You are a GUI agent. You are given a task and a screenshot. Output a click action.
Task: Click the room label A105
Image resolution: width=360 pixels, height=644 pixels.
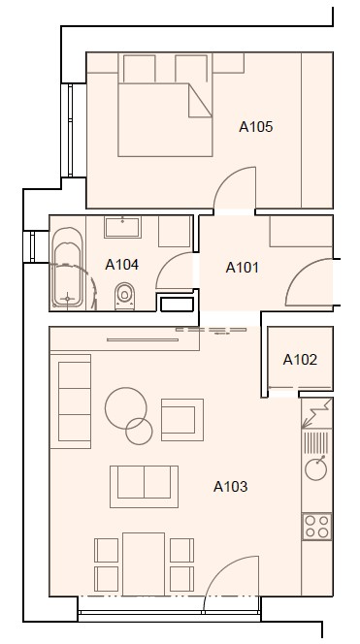click(x=255, y=127)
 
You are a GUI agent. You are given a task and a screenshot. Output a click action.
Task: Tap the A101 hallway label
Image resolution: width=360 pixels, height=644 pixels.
click(x=243, y=268)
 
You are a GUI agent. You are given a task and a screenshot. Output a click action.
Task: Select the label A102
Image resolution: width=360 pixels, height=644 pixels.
click(x=300, y=360)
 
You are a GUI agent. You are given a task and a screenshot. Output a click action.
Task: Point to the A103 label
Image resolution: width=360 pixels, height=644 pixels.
click(x=231, y=487)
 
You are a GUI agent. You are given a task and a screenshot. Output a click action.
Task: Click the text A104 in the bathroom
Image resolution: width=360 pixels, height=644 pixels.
click(x=121, y=265)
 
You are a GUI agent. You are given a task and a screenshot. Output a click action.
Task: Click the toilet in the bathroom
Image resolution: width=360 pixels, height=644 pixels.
click(x=125, y=296)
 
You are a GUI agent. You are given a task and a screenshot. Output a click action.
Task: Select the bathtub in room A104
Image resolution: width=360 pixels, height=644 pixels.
click(x=67, y=269)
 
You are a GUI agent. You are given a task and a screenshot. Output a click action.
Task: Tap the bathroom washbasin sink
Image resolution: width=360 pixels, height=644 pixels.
click(x=122, y=227)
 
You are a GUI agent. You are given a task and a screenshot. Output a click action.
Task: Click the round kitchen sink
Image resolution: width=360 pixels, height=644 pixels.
click(x=316, y=468)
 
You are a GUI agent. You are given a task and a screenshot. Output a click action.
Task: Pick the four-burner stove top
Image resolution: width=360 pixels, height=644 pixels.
click(x=317, y=526)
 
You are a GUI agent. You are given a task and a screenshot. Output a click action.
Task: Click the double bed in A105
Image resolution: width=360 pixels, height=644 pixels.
click(x=165, y=119)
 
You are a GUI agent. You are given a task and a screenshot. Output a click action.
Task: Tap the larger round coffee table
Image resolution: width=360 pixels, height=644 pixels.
click(x=126, y=408)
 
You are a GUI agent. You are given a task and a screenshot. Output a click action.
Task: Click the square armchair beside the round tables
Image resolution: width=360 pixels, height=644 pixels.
click(x=182, y=419)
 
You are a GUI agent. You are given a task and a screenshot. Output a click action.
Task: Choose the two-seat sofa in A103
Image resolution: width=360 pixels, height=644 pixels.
click(x=144, y=487)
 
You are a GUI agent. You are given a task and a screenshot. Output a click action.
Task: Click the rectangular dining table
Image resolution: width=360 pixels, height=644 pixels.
click(x=144, y=563)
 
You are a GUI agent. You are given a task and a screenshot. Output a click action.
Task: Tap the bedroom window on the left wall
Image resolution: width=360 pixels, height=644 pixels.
click(x=70, y=130)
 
